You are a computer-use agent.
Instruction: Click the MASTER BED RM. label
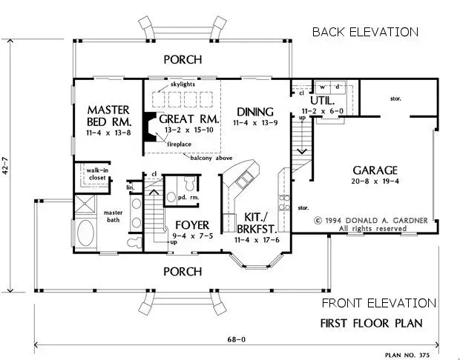(x=108, y=113)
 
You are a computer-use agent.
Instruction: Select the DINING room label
(x=254, y=112)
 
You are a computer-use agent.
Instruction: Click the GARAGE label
(x=375, y=169)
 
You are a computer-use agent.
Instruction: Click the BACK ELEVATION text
(x=365, y=32)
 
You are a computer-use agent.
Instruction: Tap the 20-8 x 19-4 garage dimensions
(x=375, y=180)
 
